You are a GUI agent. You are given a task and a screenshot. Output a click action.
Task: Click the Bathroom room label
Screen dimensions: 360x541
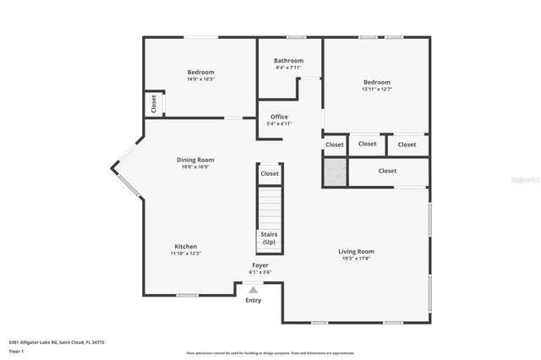pyautogui.click(x=288, y=61)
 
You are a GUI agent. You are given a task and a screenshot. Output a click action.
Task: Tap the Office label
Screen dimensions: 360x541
pyautogui.click(x=279, y=117)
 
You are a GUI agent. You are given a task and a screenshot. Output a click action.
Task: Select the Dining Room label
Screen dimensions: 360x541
pyautogui.click(x=194, y=160)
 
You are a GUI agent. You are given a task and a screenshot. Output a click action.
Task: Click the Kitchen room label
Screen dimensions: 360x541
pyautogui.click(x=185, y=247)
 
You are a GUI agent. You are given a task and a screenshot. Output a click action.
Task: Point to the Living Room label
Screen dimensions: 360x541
pyautogui.click(x=356, y=251)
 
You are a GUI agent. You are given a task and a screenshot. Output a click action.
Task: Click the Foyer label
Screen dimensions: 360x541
pyautogui.click(x=260, y=265)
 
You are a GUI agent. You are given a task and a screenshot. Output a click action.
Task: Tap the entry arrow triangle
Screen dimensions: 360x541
pyautogui.click(x=253, y=289)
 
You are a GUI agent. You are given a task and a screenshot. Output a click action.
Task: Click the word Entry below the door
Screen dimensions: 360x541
pyautogui.click(x=253, y=300)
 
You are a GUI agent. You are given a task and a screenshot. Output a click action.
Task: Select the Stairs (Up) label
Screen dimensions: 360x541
pyautogui.click(x=269, y=237)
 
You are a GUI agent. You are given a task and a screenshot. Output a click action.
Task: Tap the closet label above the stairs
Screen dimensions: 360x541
pyautogui.click(x=269, y=173)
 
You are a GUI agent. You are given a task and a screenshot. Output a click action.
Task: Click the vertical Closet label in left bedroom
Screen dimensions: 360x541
pyautogui.click(x=153, y=104)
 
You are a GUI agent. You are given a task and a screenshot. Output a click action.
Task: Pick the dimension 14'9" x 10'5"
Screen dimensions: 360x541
pyautogui.click(x=200, y=79)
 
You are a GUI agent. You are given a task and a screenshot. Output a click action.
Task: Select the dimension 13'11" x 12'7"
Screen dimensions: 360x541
pyautogui.click(x=376, y=89)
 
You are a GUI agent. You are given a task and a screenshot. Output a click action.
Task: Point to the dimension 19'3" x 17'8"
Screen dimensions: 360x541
pyautogui.click(x=356, y=259)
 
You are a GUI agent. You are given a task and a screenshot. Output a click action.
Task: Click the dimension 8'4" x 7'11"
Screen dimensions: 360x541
pyautogui.click(x=288, y=68)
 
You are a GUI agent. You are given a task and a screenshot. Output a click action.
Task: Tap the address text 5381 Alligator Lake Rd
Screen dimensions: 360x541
pyautogui.click(x=57, y=342)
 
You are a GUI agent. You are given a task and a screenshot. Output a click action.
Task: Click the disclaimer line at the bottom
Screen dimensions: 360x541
pyautogui.click(x=270, y=353)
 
